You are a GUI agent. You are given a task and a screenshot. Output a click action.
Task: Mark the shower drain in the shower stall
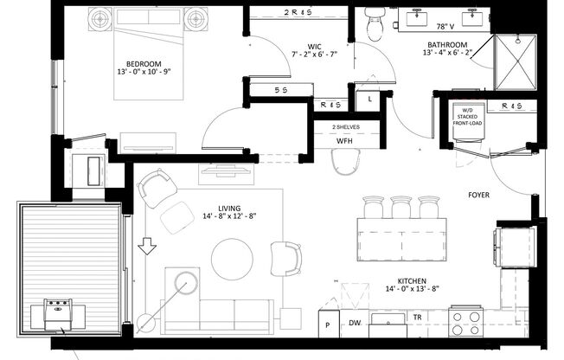click(x=516, y=63)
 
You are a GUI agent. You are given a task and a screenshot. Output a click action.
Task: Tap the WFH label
click(x=343, y=140)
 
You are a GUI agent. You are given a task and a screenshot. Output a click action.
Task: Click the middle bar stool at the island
click(x=401, y=208)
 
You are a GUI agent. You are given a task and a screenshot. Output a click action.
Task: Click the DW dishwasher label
click(x=355, y=323)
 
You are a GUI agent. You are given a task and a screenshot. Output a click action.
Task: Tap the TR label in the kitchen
click(x=416, y=318)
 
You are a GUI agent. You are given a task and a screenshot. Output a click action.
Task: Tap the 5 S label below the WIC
click(x=280, y=89)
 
